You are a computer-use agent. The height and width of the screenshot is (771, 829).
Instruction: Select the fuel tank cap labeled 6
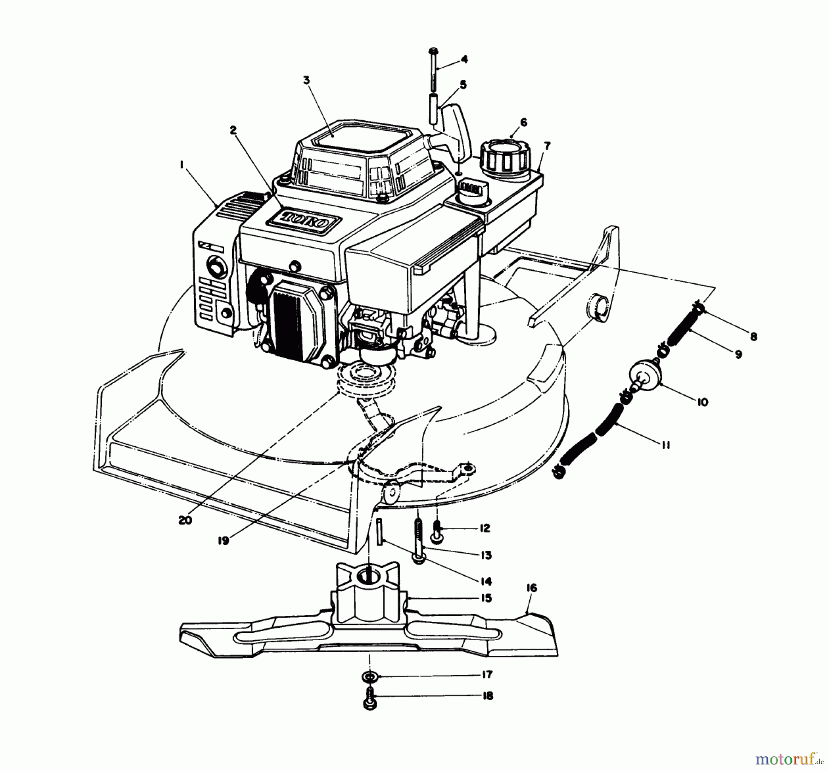point(503,159)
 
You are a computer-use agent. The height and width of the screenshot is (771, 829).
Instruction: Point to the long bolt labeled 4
point(433,69)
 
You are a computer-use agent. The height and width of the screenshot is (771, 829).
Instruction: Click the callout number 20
point(186,520)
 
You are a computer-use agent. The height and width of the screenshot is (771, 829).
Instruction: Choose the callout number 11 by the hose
point(665,445)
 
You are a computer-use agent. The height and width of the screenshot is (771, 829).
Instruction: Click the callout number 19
point(223,541)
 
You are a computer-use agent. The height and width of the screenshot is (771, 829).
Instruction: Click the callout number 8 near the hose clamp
point(753,337)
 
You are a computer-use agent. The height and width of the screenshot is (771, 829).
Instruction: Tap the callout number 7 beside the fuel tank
point(547,146)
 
